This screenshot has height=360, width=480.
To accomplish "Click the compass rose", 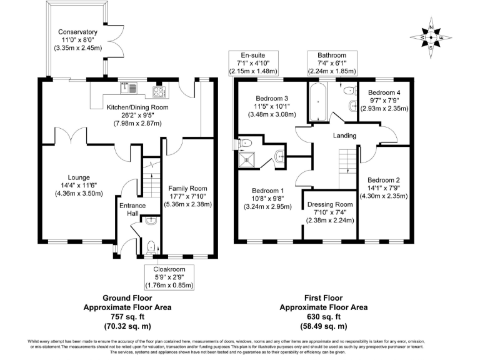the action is point(431,38).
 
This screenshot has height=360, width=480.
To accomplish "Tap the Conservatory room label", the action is point(77,32).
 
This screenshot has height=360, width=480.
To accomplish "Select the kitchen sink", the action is point(129,88).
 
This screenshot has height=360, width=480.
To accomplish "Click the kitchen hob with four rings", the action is point(159,92).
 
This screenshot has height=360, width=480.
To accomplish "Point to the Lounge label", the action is point(79,177).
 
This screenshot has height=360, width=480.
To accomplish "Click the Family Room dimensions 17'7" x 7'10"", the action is point(187,196).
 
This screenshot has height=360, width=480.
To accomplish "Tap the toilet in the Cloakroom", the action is point(151,247).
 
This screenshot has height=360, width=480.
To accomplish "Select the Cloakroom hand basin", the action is point(151,221).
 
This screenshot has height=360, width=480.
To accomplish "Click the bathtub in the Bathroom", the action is point(318,102).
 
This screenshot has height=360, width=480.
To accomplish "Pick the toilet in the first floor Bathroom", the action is point(350,90).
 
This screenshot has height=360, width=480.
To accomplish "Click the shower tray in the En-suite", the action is point(246,159).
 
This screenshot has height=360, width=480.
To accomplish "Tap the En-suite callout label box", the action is point(254,63).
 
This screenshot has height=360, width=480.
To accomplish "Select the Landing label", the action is point(345,135).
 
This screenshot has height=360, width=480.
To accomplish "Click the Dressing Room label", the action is point(330,204).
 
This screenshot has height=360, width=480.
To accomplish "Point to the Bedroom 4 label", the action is point(384,92).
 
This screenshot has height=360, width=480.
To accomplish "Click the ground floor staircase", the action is point(152,179).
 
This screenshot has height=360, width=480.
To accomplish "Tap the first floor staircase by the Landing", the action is point(347,169).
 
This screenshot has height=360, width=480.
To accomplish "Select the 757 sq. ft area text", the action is point(127,316).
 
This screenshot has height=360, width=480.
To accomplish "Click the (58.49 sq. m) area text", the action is point(324,326).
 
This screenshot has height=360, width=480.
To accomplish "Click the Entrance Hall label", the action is point(132,209).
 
